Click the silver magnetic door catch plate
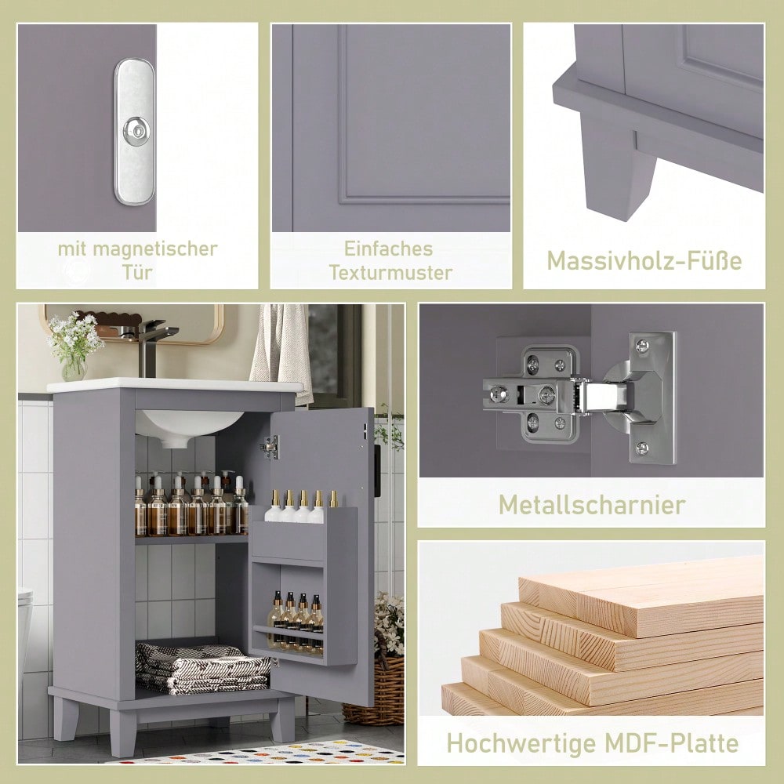pyautogui.click(x=134, y=132)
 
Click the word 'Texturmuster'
pyautogui.click(x=390, y=273)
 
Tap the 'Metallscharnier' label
pyautogui.click(x=592, y=504)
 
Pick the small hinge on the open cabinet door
pyautogui.click(x=271, y=447)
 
